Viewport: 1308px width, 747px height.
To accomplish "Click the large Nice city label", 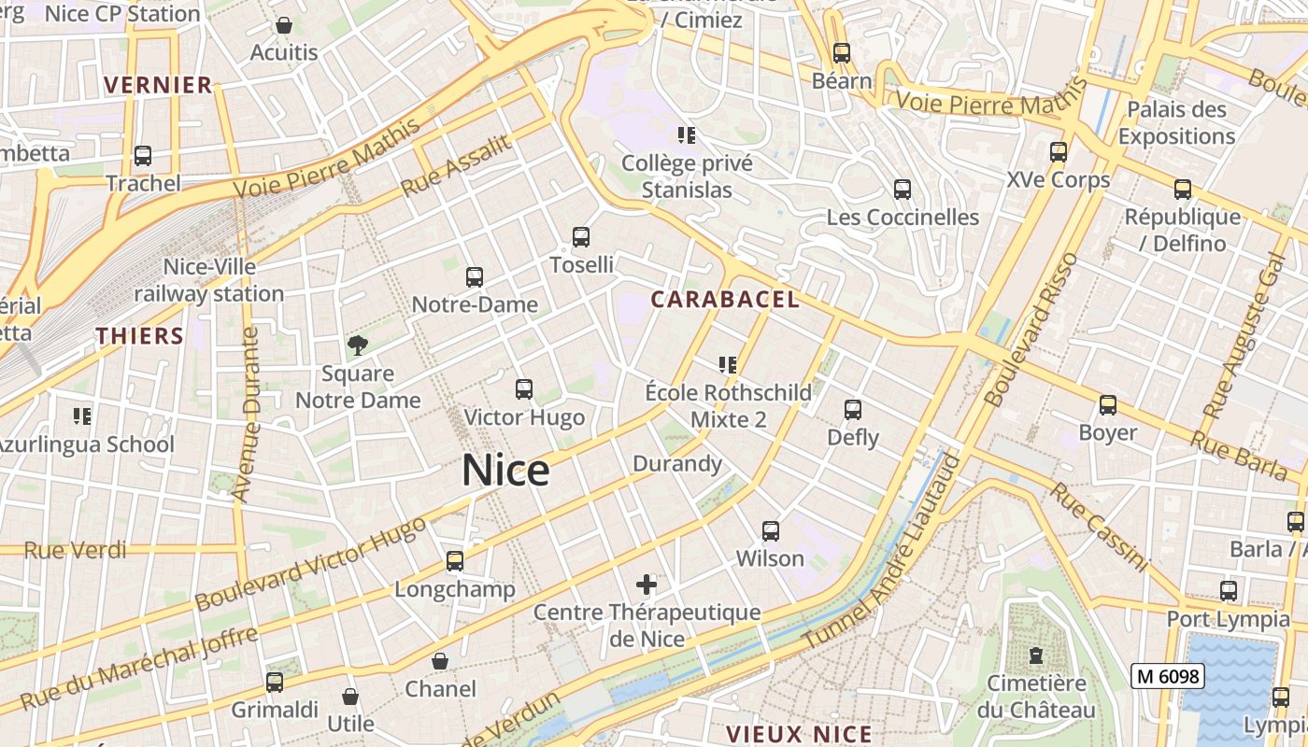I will click(505, 470).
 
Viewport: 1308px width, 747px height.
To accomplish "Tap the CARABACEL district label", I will click(725, 299).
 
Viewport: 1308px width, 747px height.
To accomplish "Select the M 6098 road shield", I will click(1167, 676).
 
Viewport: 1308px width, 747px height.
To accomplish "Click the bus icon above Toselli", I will click(581, 237).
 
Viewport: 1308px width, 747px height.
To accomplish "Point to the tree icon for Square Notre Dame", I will click(357, 346).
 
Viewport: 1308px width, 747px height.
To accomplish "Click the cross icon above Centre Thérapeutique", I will click(647, 585).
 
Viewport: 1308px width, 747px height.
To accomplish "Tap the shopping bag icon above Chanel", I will click(440, 662).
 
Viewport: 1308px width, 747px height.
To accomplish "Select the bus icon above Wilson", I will click(770, 531).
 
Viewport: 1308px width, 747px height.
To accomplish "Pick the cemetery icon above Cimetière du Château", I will click(1036, 655).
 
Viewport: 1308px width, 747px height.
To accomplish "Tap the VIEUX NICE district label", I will click(799, 734).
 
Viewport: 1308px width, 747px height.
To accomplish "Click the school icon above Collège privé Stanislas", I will click(687, 135).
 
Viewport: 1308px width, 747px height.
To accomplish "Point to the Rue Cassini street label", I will click(1098, 526).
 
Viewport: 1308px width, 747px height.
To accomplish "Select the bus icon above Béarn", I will click(842, 53).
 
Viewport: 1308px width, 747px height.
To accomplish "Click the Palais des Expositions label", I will click(1176, 122).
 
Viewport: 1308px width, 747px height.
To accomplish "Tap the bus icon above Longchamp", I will click(455, 561).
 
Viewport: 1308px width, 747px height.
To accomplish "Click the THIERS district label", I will click(139, 336).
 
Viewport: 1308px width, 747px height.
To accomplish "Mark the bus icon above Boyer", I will click(1108, 405).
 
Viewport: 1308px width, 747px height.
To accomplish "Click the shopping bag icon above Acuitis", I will click(284, 25).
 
